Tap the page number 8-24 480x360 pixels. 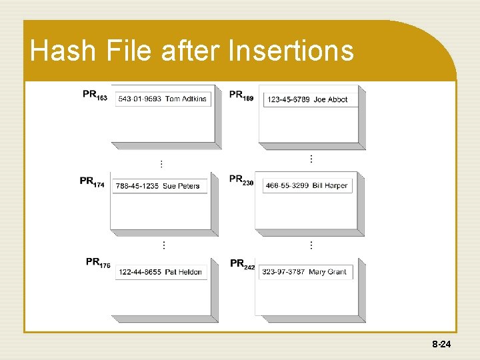[442, 344]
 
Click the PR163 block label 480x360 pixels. [95, 95]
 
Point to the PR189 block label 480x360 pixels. [241, 95]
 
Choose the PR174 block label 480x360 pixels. [92, 181]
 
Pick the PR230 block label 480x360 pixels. [241, 180]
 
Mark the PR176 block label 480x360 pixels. [98, 263]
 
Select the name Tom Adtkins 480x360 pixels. [186, 99]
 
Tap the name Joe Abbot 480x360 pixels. [331, 100]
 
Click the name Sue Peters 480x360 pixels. [181, 186]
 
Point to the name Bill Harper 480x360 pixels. [330, 185]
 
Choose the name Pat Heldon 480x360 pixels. [183, 272]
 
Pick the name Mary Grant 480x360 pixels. [327, 272]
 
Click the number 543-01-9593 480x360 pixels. [139, 99]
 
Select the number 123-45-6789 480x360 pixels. [288, 100]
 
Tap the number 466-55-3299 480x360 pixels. [287, 185]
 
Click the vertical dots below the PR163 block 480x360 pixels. [161, 163]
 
